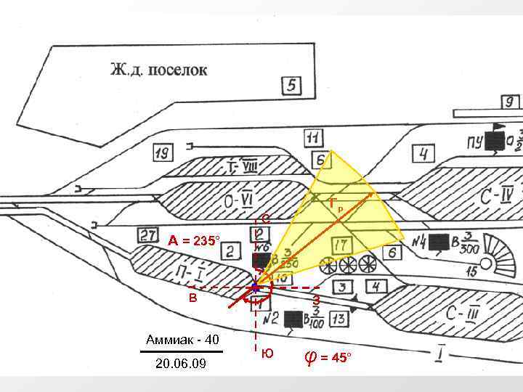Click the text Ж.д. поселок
tap(158, 70)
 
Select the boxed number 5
tap(292, 86)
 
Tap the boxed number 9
tap(511, 102)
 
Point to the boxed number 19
tap(163, 153)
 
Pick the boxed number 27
tap(148, 234)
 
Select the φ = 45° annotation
tap(327, 357)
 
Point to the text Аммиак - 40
tap(182, 339)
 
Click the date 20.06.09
tap(181, 363)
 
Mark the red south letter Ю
tap(267, 354)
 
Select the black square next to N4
tap(438, 242)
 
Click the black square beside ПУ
tap(496, 140)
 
